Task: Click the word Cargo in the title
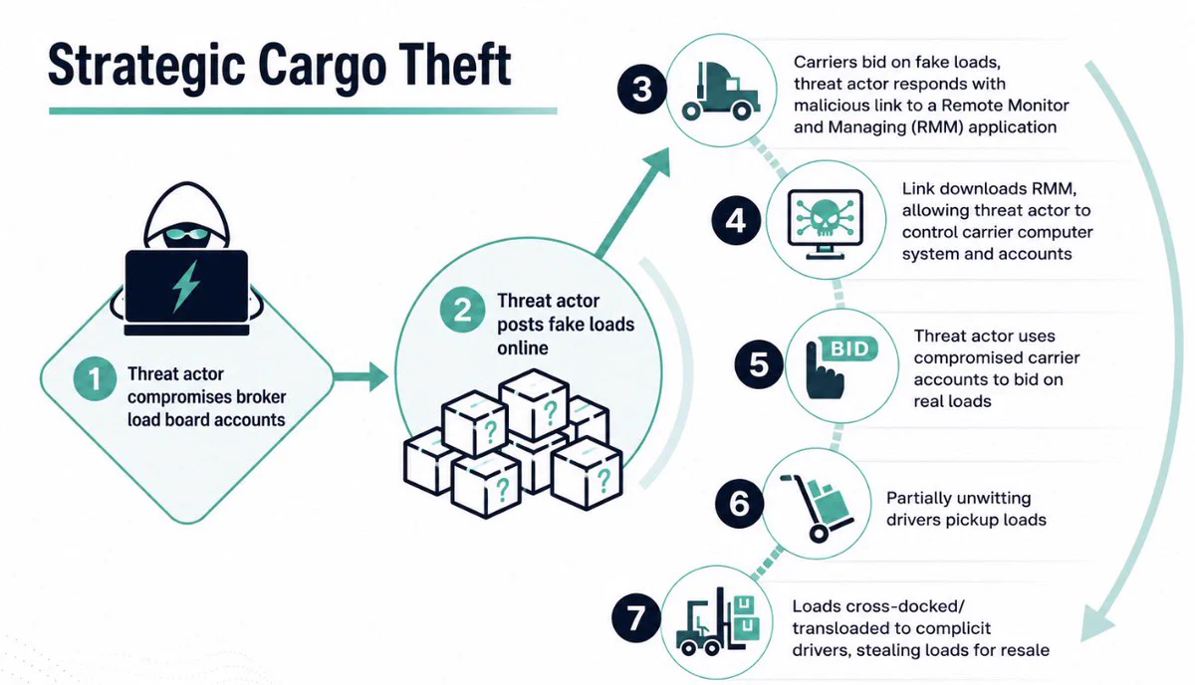click(x=323, y=67)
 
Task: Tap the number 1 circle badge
click(x=95, y=378)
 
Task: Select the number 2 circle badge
click(x=462, y=310)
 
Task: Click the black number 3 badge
click(x=641, y=89)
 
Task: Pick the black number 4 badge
click(x=736, y=220)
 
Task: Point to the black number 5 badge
click(x=759, y=364)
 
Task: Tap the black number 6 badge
click(x=739, y=504)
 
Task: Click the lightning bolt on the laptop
click(x=185, y=286)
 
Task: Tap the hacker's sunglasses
click(x=186, y=234)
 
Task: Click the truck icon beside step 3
click(x=721, y=92)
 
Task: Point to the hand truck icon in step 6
click(x=817, y=508)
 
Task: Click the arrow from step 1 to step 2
click(x=361, y=377)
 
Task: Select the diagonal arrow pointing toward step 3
click(x=633, y=203)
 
